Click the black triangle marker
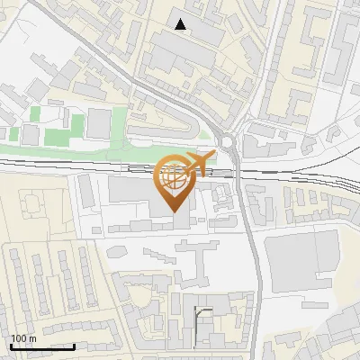(182, 24)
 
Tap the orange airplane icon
(197, 163)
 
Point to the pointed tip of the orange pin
(174, 212)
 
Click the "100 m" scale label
(23, 338)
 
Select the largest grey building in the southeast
(301, 256)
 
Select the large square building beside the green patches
(98, 123)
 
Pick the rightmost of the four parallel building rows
(88, 274)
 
